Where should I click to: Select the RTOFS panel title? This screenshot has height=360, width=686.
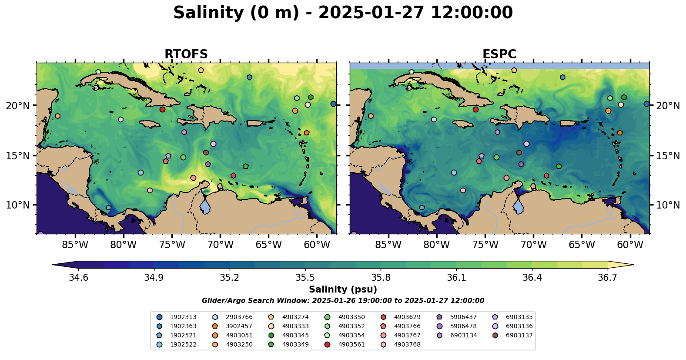point(186,54)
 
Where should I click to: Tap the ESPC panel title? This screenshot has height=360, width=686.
point(499,54)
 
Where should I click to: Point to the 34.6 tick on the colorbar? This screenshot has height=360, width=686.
point(78,278)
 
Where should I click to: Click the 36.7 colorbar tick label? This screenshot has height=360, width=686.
point(607,278)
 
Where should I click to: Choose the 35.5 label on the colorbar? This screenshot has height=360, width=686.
point(305,278)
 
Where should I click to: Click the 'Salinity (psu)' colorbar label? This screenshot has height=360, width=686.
point(343,289)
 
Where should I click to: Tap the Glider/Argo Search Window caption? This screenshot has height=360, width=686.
point(343,301)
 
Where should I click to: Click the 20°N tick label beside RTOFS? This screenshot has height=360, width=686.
point(18,106)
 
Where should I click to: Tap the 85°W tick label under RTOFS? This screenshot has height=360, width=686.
point(75,245)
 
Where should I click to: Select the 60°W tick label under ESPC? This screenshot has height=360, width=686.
point(630,245)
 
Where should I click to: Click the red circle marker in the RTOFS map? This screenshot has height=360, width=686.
point(162,109)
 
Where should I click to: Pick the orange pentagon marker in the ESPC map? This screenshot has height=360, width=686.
point(619,133)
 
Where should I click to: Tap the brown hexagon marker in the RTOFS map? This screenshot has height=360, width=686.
point(206,153)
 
